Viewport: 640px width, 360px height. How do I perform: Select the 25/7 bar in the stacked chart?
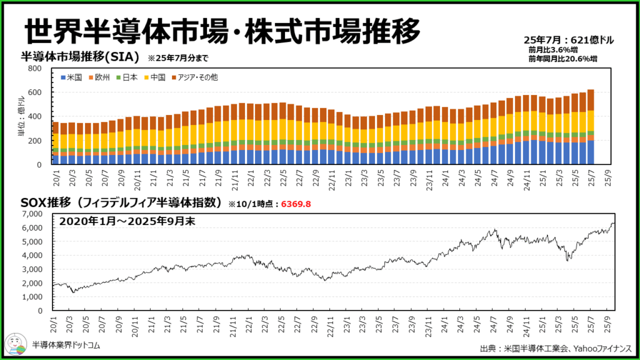(x=591, y=127)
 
